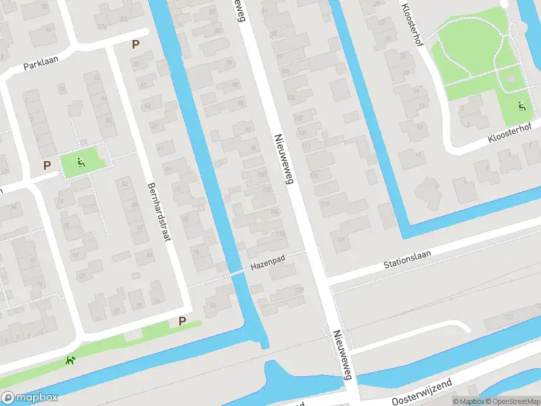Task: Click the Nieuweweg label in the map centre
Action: (282, 159)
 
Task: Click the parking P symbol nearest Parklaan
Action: (136, 45)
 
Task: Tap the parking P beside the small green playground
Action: (47, 164)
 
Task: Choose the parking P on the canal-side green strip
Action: (182, 321)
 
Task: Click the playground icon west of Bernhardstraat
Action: (81, 162)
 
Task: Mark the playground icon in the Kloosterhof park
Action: (521, 106)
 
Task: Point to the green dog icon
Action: (69, 360)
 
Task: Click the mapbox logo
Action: (30, 398)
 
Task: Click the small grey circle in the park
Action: (512, 78)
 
